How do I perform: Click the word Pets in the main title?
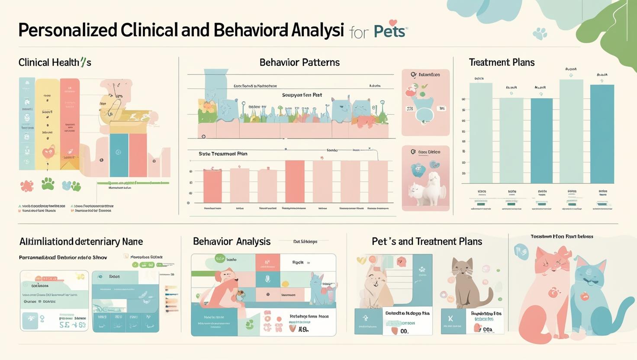coord(389,32)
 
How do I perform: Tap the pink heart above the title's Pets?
coord(393,22)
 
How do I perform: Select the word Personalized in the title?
coord(68,30)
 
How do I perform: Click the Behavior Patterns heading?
coord(299,62)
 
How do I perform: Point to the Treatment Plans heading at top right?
coord(502,62)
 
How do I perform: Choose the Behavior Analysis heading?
coord(232,241)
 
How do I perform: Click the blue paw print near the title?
coord(540,33)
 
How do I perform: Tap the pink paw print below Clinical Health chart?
coord(27,186)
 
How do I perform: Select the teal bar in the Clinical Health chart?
coord(119,155)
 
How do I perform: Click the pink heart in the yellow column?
coord(48,152)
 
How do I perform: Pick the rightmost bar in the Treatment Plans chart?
coord(602,134)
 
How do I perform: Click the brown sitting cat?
coord(466,281)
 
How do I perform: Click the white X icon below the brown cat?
coord(450,319)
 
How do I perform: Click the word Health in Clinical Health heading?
coord(66,62)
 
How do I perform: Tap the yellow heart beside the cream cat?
coord(361,260)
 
